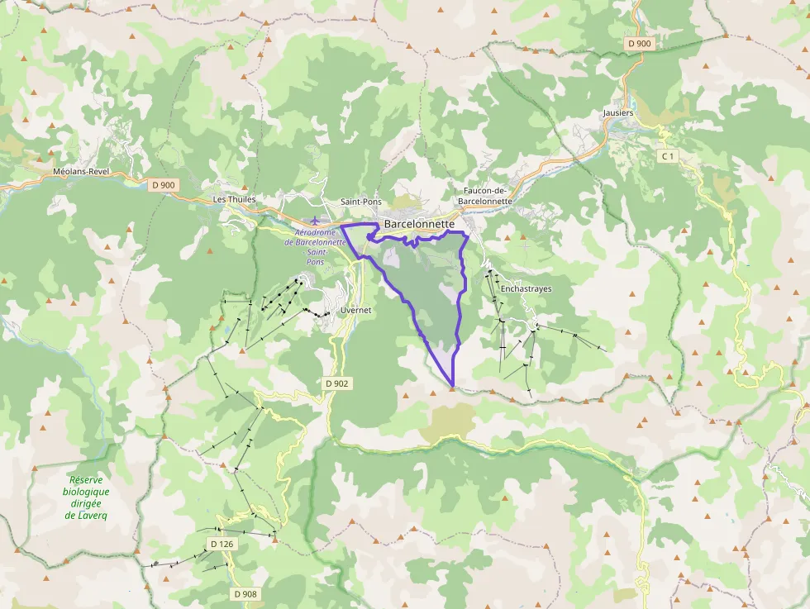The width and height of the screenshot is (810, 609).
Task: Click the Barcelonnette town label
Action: (x=419, y=223)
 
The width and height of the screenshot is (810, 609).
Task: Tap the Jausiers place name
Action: (x=618, y=113)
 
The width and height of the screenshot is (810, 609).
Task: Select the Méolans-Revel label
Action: (x=80, y=171)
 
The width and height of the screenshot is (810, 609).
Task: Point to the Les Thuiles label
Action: (x=235, y=199)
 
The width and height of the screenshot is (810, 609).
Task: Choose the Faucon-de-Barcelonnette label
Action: (x=484, y=195)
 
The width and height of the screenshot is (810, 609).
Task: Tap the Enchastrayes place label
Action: (x=526, y=289)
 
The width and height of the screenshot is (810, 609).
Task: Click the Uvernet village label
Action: (x=356, y=310)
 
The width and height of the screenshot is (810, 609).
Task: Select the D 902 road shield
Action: (x=337, y=383)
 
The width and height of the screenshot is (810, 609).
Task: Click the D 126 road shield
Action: (x=222, y=544)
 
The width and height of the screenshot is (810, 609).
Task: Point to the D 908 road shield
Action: (x=245, y=594)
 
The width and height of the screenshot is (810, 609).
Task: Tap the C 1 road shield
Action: (x=668, y=156)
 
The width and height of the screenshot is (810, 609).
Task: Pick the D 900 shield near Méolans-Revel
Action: (x=164, y=185)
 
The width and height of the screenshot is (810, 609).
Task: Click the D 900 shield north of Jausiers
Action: (x=639, y=43)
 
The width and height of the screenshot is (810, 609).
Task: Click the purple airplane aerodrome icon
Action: (x=315, y=221)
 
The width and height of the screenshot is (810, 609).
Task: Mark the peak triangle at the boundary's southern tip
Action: (x=452, y=387)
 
